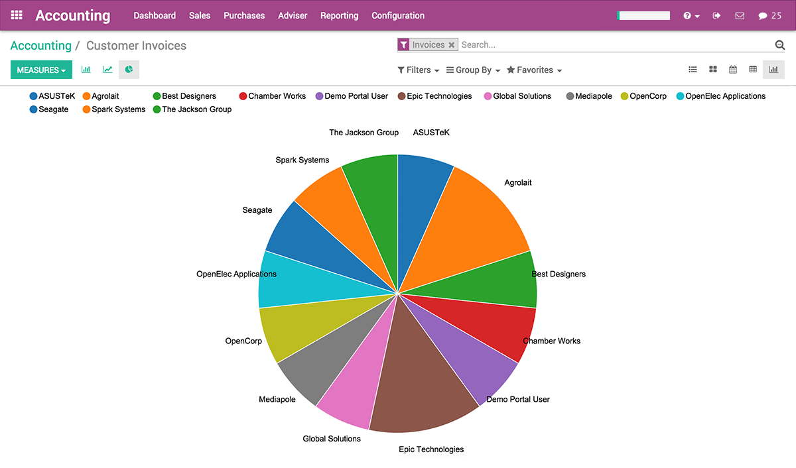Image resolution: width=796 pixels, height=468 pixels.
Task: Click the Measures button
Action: (x=41, y=70)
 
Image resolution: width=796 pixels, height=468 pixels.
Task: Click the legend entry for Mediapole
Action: (x=589, y=96)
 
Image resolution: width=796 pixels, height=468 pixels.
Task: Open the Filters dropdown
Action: (x=418, y=70)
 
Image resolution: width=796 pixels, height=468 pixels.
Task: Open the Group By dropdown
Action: (x=473, y=70)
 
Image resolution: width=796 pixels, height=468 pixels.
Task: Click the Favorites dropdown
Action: (x=534, y=70)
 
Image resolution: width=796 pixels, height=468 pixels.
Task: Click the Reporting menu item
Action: (x=339, y=15)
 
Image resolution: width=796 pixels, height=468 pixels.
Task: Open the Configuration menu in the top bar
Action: (x=398, y=15)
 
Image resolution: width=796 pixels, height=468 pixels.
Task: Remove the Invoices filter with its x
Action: (x=452, y=45)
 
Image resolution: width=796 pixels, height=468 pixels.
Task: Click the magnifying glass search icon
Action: (x=780, y=45)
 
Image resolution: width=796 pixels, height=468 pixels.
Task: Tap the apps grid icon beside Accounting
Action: (x=17, y=15)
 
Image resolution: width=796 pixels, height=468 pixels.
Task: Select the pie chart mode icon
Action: (x=129, y=69)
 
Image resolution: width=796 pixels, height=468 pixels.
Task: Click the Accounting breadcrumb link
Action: (x=41, y=46)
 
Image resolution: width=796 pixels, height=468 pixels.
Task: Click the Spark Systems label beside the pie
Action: (x=302, y=160)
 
